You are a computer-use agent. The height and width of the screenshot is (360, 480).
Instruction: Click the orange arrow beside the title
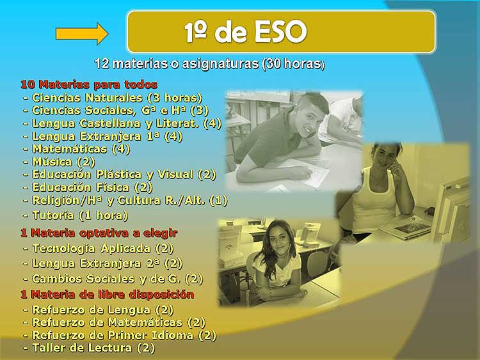click(x=82, y=33)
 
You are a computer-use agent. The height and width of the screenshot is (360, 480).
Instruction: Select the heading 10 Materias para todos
click(x=89, y=84)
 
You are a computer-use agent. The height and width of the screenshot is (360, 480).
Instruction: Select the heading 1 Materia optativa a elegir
click(x=99, y=233)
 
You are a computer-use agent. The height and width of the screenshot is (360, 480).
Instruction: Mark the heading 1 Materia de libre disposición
click(x=107, y=295)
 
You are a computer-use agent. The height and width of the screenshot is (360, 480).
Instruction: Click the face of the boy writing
click(x=312, y=115)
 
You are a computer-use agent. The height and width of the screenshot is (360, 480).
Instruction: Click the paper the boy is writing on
click(x=306, y=173)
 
